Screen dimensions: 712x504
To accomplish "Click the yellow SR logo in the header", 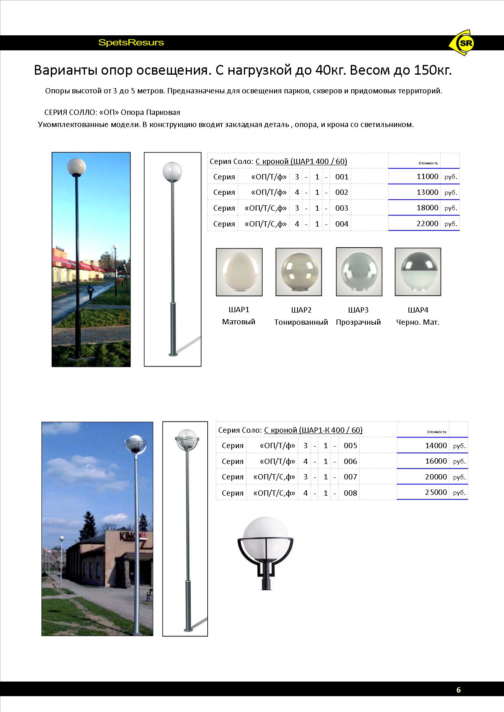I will click(x=463, y=43).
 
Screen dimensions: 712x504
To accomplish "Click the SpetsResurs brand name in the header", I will click(x=131, y=43).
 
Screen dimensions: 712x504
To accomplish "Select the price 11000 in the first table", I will click(x=427, y=177).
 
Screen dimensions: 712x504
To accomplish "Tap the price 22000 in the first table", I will click(x=427, y=224).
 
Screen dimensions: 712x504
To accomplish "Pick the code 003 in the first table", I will click(x=342, y=208).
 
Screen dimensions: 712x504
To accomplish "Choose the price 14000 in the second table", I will click(x=436, y=445).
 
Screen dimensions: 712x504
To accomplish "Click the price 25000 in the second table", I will click(x=436, y=492).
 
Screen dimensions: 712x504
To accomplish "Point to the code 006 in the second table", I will click(x=350, y=462).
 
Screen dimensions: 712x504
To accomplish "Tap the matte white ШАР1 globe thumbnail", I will click(x=239, y=272).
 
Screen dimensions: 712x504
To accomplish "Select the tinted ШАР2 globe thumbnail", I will click(x=299, y=272).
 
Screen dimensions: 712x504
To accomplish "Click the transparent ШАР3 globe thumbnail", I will click(x=359, y=272).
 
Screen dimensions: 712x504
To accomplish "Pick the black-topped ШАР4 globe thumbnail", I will click(x=418, y=272).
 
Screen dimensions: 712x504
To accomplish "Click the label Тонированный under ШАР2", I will click(x=301, y=322).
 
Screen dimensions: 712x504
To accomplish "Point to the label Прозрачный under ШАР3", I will click(x=358, y=322).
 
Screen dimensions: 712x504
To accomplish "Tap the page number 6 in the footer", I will click(x=458, y=690).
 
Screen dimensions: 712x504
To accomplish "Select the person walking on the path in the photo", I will click(x=90, y=291).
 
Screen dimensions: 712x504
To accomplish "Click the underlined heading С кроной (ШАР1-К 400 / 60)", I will click(x=313, y=430).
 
